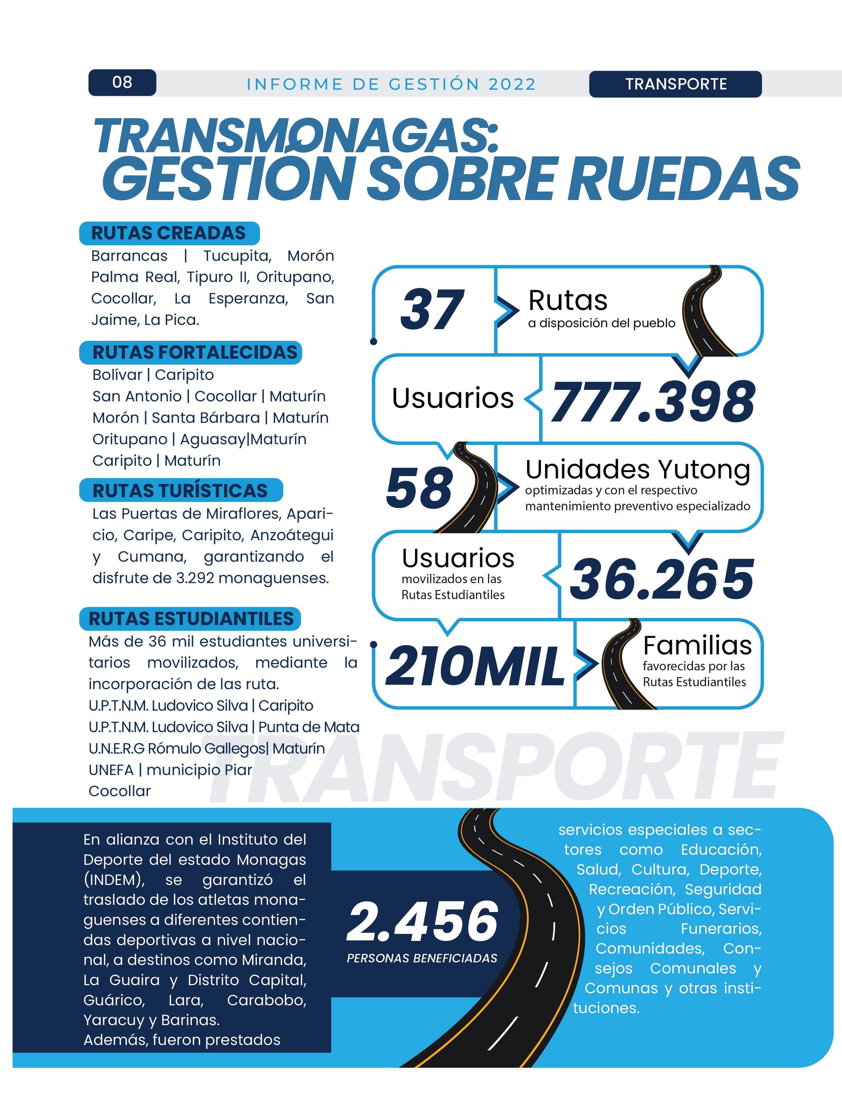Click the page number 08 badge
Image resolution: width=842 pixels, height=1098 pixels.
(122, 82)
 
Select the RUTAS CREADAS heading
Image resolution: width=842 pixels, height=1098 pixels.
(169, 234)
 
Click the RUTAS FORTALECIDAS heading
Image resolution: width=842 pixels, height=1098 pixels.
(195, 352)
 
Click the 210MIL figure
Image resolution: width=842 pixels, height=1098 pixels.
(475, 666)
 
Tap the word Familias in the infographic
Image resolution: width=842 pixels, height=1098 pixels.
(697, 645)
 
